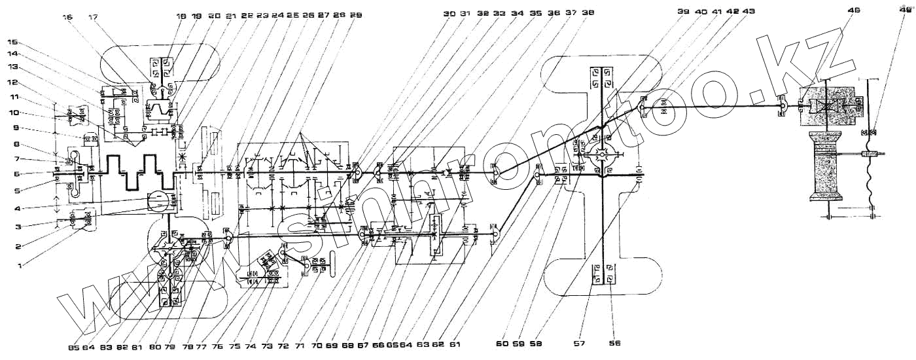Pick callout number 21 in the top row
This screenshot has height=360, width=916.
point(230,14)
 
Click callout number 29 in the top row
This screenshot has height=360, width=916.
point(355,14)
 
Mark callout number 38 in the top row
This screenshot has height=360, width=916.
point(588,14)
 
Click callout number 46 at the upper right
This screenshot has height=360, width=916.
point(853,10)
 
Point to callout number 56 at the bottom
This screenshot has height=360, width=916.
point(614,342)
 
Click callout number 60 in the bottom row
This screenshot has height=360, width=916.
point(502,342)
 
